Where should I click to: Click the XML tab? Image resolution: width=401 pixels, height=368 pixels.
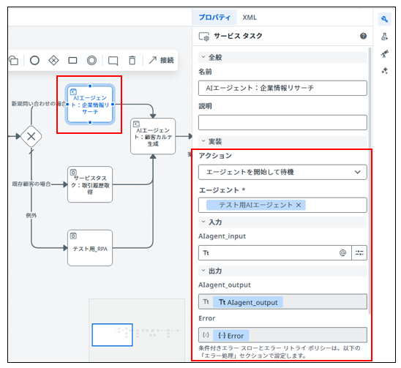click(x=250, y=18)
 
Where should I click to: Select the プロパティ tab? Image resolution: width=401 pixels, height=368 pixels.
click(x=214, y=18)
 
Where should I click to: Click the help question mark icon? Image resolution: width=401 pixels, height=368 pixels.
click(x=363, y=36)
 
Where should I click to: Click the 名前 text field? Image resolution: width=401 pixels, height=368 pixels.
click(x=282, y=89)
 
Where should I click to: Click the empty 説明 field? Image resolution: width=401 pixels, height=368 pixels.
click(x=282, y=122)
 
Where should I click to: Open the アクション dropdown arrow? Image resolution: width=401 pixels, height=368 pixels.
click(x=357, y=172)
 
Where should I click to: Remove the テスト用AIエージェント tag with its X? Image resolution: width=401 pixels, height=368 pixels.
click(x=299, y=205)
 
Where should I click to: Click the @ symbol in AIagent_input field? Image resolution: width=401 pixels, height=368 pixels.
click(x=342, y=252)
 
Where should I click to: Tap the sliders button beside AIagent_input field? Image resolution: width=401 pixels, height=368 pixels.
click(x=359, y=252)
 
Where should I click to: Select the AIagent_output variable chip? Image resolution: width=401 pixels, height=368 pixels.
click(x=248, y=302)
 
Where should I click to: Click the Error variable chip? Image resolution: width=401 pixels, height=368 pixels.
click(x=231, y=336)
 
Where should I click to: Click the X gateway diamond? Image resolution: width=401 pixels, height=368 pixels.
click(x=31, y=137)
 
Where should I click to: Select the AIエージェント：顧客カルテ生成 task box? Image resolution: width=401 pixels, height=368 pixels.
click(x=153, y=136)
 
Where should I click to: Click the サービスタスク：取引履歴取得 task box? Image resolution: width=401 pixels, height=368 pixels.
click(x=90, y=184)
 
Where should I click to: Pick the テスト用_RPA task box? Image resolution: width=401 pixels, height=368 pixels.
click(x=90, y=248)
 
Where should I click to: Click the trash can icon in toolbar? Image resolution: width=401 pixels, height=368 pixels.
click(x=132, y=60)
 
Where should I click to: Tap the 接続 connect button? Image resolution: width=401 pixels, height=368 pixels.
click(x=162, y=60)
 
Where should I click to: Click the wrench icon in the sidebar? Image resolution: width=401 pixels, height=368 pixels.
click(x=384, y=19)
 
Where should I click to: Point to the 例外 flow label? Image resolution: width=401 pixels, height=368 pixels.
click(x=31, y=216)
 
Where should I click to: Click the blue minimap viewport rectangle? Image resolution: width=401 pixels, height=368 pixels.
click(x=112, y=335)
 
